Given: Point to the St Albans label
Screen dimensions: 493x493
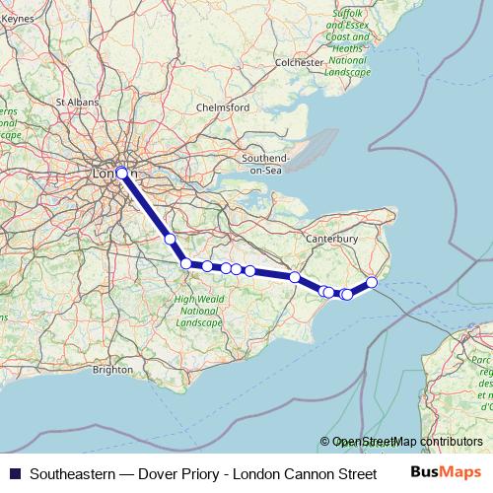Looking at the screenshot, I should tap(74, 102).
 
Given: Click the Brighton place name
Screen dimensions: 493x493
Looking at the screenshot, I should tap(112, 370).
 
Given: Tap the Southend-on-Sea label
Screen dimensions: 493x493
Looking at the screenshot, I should tap(269, 164).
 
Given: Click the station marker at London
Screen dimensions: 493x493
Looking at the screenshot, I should tap(122, 173).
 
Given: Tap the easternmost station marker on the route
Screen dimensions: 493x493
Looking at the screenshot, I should tap(372, 283).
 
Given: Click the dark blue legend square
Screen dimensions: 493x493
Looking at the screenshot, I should tap(14, 474).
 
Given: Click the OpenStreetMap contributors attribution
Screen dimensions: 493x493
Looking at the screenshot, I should tap(407, 442).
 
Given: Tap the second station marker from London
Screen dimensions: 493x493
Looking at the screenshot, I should tap(170, 239).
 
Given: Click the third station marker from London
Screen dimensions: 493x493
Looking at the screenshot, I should tap(185, 262).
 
